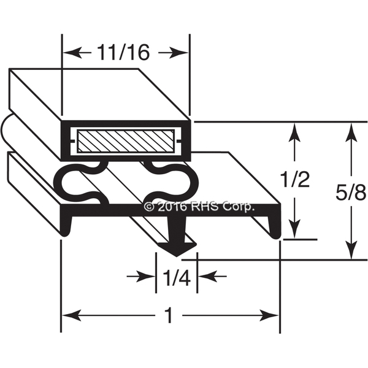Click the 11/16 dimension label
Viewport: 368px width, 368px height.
coord(123,53)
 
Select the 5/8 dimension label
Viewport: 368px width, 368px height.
coord(351,193)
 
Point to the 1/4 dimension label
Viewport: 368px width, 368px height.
coord(177,278)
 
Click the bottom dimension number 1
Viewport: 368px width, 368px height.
coord(169,316)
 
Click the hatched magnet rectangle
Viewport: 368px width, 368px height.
coord(126,141)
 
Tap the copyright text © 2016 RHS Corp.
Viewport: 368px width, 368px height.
coord(199,207)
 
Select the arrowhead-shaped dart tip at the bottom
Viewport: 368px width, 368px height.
coord(178,249)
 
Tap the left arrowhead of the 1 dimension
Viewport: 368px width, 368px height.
coord(71,316)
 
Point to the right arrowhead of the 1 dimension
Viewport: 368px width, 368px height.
coord(270,316)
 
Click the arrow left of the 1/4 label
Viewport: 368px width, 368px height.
coord(141,276)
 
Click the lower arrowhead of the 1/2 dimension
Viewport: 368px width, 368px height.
coord(295,229)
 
